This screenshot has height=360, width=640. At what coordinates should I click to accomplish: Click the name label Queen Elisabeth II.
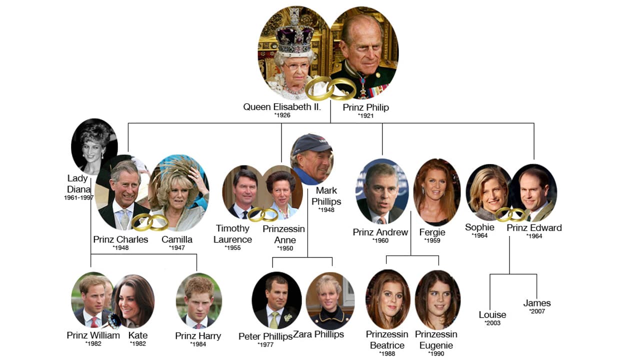pos(282,107)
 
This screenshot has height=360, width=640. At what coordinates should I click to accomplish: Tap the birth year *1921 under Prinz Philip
pos(365,115)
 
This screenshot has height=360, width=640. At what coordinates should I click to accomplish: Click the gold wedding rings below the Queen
pos(330,88)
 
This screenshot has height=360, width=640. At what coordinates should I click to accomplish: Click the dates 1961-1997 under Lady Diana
pos(79,197)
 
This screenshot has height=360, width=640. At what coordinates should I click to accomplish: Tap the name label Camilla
pos(177,239)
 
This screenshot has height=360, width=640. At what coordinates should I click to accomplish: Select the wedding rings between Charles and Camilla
pos(149,222)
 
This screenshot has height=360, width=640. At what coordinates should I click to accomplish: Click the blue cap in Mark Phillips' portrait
pos(311,143)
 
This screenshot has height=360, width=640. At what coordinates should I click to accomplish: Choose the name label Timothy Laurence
pos(232,233)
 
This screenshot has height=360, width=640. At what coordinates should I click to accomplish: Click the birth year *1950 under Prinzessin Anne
pos(285,248)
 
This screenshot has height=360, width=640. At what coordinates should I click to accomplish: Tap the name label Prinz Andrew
pos(380,232)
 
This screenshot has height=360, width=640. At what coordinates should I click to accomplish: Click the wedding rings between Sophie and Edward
pos(511,214)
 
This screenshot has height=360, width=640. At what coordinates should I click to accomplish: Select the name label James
pos(537,303)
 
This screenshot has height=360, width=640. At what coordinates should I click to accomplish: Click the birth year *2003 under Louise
pos(492,323)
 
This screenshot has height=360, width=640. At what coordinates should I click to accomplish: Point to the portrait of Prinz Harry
pos(199,301)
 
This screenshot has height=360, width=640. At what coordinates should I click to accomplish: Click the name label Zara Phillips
pos(318,334)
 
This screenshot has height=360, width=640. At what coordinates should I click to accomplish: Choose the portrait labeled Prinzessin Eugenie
pos(437,299)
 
